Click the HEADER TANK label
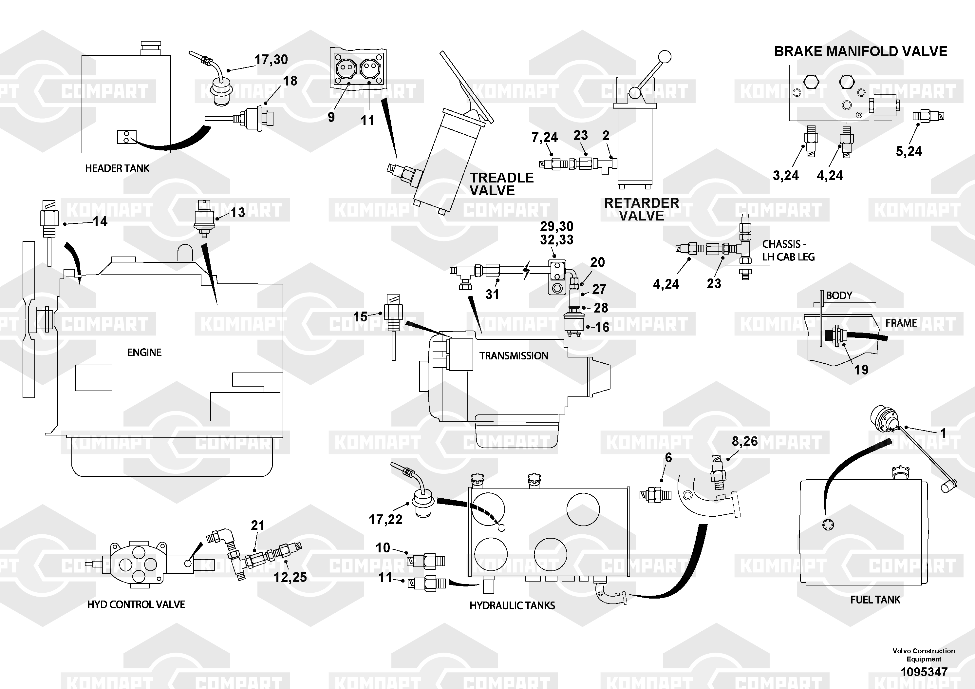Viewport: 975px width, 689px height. click(117, 169)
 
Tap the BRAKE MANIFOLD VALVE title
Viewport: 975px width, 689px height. click(860, 51)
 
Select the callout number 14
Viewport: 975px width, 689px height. click(100, 221)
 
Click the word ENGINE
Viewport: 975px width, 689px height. click(144, 353)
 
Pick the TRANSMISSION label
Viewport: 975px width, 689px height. click(514, 356)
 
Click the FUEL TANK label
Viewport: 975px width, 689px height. click(875, 600)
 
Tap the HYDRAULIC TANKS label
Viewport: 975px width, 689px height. click(512, 605)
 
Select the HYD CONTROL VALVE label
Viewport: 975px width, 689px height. click(136, 604)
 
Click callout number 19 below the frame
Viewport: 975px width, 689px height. click(861, 370)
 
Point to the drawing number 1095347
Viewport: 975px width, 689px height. click(924, 672)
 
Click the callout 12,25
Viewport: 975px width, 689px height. click(290, 577)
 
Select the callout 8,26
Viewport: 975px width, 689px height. click(744, 441)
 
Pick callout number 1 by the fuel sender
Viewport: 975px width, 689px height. click(943, 433)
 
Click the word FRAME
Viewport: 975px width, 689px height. click(901, 323)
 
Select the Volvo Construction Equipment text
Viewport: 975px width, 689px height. click(924, 655)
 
